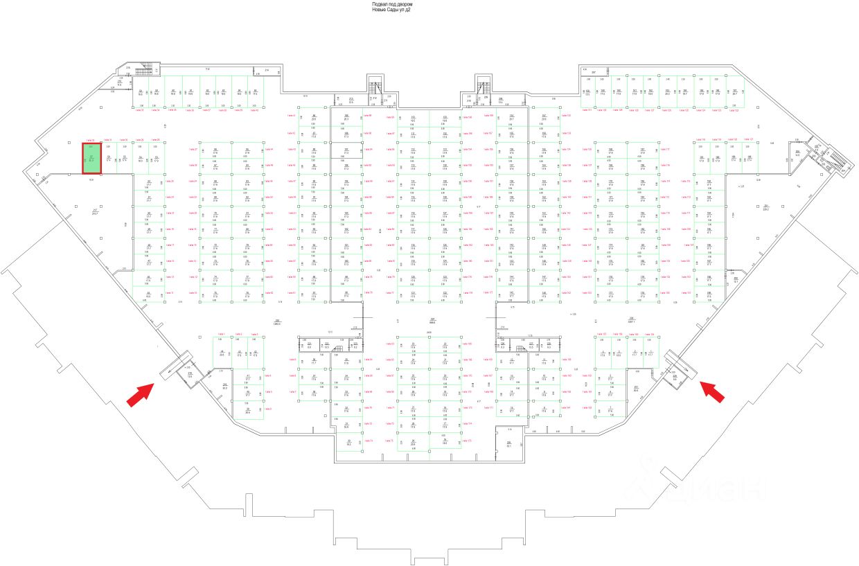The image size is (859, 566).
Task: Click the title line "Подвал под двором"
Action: pos(392,4)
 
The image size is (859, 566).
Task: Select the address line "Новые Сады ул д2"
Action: pos(391,10)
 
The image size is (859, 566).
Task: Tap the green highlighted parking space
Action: pos(92,158)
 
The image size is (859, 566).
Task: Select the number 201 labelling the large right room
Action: pos(766,206)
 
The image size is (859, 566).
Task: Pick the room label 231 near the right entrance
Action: pos(636,387)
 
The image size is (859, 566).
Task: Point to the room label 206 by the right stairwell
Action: pos(797,152)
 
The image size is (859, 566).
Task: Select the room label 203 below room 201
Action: pos(736,278)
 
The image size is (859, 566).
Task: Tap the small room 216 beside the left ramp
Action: pos(190,374)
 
